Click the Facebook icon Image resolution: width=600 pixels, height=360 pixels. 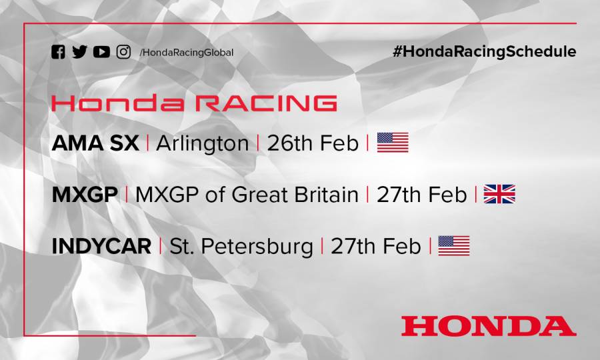click(58, 52)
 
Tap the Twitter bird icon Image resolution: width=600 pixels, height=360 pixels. click(79, 52)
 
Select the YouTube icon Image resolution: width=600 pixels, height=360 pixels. click(101, 52)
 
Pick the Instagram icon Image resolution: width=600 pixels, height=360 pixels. click(123, 52)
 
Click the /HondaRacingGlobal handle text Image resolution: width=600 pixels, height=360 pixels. click(187, 53)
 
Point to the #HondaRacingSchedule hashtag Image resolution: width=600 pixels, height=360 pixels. click(484, 52)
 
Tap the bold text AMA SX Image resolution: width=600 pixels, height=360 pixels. click(95, 143)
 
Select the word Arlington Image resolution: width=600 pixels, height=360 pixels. click(202, 143)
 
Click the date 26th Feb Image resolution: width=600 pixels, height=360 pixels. click(313, 143)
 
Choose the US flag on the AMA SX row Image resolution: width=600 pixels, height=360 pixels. click(393, 143)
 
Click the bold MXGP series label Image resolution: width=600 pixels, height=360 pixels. click(85, 195)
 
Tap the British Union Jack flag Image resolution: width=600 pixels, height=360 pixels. click(499, 194)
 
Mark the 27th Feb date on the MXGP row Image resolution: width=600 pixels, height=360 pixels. click(421, 195)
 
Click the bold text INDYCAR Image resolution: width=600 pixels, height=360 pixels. click(101, 246)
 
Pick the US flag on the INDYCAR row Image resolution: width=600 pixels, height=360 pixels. click(454, 246)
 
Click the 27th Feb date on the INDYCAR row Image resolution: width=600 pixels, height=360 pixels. click(376, 246)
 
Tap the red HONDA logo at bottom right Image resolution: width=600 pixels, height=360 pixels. click(488, 326)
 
